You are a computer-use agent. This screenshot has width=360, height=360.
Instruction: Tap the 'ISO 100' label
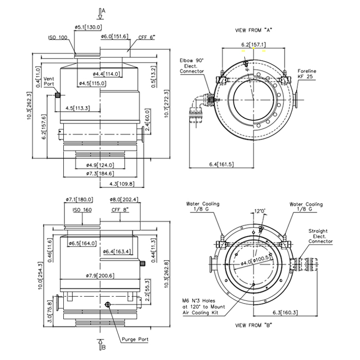point(58,38)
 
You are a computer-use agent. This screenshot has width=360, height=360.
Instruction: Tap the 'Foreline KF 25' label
point(307,74)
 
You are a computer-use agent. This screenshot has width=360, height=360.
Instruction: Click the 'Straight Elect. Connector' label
point(321,237)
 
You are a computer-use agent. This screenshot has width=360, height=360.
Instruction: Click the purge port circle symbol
point(107,305)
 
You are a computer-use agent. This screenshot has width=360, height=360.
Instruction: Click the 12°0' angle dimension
point(262,210)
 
